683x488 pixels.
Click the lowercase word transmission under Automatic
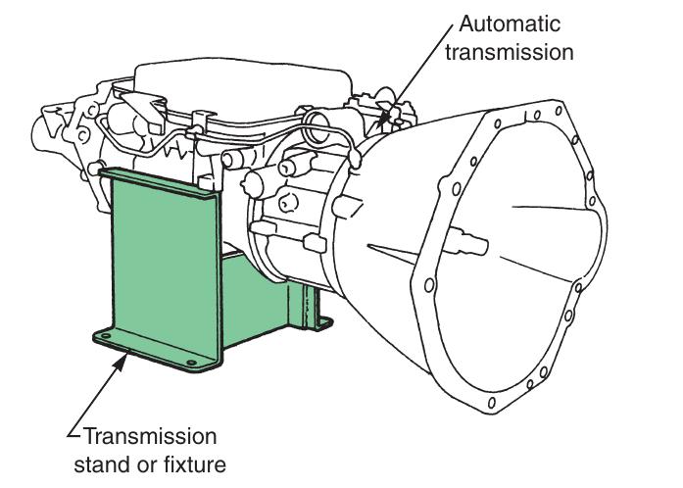509,51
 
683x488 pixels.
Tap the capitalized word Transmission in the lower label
150,435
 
